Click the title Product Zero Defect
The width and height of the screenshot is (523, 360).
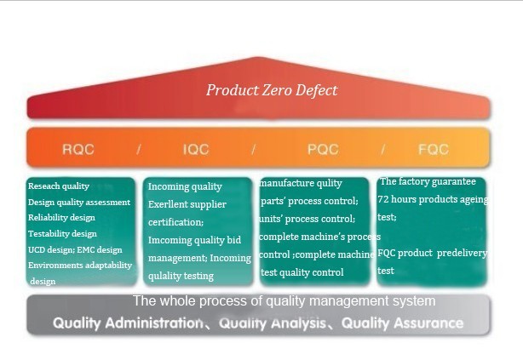coord(272,90)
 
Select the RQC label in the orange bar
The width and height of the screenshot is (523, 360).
coord(78,149)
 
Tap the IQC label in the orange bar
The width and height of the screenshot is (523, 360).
coord(196,149)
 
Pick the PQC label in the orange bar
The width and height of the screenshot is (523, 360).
coord(323,149)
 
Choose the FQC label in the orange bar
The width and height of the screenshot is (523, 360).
coord(434,149)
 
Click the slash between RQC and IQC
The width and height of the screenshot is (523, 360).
coord(139,149)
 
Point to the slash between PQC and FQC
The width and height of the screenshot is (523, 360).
coord(383,149)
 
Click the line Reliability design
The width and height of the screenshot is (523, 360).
coord(61,218)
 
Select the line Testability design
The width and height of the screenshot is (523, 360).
coord(62,234)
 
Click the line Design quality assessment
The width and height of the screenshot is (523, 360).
coord(79,202)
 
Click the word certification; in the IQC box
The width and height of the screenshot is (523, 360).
coord(175,222)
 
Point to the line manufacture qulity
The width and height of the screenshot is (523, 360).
coord(301,183)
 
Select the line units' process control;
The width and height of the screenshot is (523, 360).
coord(307,219)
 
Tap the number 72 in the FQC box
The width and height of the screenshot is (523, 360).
coord(383,199)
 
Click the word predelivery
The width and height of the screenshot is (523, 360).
coord(462,253)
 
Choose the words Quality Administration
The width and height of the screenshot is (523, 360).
coord(128,323)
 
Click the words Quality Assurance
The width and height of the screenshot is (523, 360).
coord(402,323)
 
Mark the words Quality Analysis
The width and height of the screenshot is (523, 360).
coord(273,323)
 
